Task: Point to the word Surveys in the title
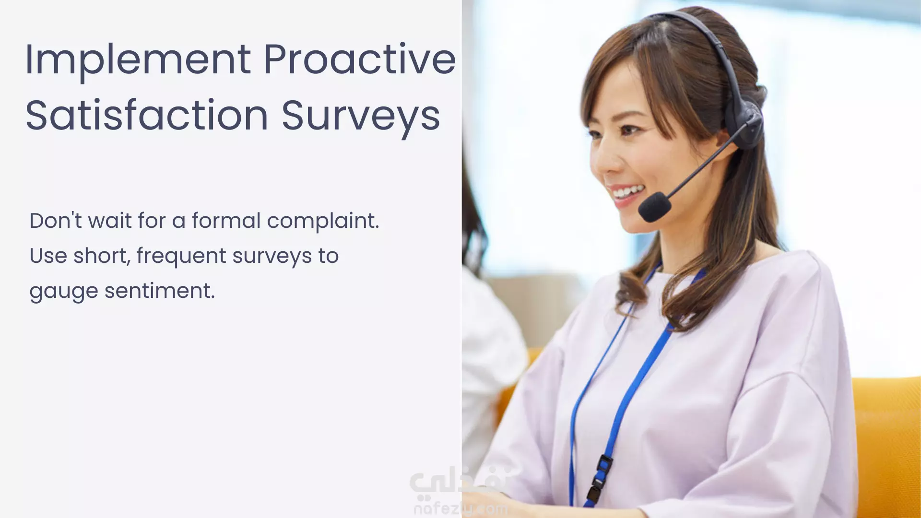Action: (x=361, y=117)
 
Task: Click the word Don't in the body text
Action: (x=56, y=221)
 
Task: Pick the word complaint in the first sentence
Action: (x=323, y=221)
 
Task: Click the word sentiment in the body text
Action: (x=160, y=291)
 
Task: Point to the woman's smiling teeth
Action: (x=628, y=192)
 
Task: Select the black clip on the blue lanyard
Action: (x=600, y=480)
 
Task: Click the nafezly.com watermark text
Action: (x=461, y=508)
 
